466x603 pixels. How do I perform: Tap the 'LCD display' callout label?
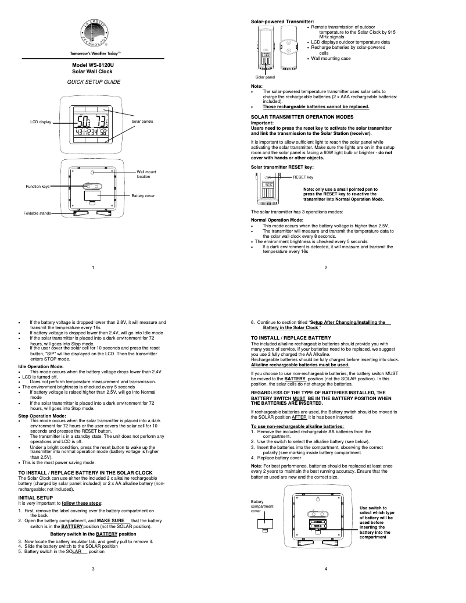[x=41, y=122]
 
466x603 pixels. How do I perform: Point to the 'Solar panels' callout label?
[x=142, y=121]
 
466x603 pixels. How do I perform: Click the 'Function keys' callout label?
[x=37, y=186]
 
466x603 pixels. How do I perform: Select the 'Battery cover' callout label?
[x=143, y=197]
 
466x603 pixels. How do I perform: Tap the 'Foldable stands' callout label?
[x=37, y=213]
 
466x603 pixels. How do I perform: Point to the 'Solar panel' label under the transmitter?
[x=265, y=77]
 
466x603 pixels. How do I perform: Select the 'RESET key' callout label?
[x=303, y=177]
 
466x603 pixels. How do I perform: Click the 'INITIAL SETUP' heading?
[x=35, y=481]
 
